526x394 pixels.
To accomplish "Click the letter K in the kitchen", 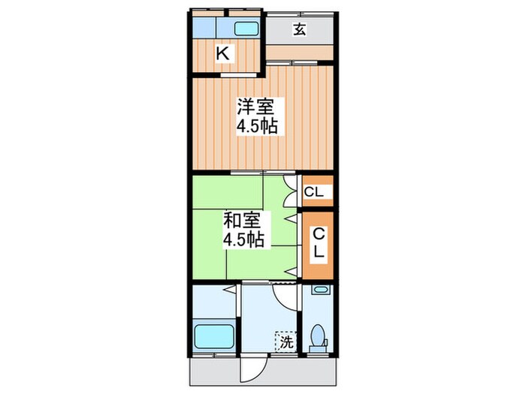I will [223, 53].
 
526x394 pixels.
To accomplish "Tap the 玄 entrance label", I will [299, 29].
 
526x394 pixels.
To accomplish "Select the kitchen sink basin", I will [246, 29].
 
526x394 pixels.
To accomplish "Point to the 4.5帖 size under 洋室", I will [257, 126].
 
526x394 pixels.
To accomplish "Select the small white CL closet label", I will [315, 193].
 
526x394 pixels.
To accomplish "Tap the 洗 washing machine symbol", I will [286, 342].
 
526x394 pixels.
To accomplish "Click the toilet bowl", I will [317, 336].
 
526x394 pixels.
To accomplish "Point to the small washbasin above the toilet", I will [320, 290].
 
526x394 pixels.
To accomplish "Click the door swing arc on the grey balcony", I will [253, 367].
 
